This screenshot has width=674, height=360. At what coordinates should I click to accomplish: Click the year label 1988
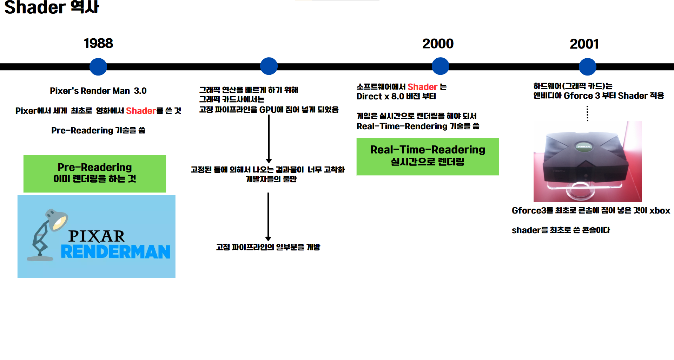pyautogui.click(x=98, y=44)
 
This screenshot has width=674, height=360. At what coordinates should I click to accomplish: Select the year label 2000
pyautogui.click(x=438, y=44)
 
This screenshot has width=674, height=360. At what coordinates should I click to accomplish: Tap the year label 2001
pyautogui.click(x=584, y=44)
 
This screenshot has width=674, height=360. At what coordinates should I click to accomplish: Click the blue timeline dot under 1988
pyautogui.click(x=98, y=67)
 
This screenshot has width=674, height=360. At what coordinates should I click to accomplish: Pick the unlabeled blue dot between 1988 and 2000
pyautogui.click(x=269, y=66)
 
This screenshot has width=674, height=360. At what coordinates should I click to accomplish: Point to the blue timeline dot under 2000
pyautogui.click(x=440, y=66)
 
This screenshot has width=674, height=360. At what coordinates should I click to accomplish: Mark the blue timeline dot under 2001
pyautogui.click(x=587, y=67)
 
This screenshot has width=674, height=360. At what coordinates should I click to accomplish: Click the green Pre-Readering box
pyautogui.click(x=95, y=174)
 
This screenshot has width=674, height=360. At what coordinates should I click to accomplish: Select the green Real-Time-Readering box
pyautogui.click(x=428, y=156)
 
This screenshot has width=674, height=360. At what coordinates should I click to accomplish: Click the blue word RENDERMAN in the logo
pyautogui.click(x=115, y=252)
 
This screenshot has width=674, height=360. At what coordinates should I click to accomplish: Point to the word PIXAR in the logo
pyautogui.click(x=97, y=236)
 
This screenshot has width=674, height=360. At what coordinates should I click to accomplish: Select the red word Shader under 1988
pyautogui.click(x=141, y=111)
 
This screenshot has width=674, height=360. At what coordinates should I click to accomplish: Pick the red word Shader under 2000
pyautogui.click(x=422, y=87)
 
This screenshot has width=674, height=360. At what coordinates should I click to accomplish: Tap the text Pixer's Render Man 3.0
pyautogui.click(x=98, y=91)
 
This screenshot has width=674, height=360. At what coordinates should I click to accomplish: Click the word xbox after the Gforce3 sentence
pyautogui.click(x=660, y=211)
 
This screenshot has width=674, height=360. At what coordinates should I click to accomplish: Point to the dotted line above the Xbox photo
pyautogui.click(x=587, y=113)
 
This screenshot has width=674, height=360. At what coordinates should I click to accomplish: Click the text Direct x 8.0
pyautogui.click(x=380, y=97)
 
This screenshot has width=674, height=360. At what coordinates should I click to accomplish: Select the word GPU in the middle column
pyautogui.click(x=267, y=110)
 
